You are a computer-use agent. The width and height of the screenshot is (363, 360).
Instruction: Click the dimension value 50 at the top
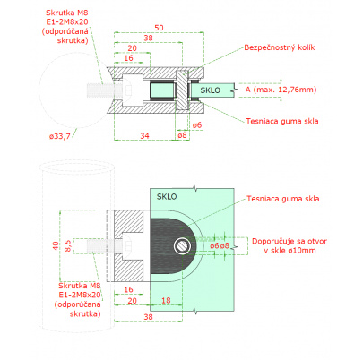click(159, 28)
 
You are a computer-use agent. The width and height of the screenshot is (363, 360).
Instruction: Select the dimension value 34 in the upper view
click(145, 136)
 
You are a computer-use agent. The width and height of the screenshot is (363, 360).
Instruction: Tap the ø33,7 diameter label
click(60, 136)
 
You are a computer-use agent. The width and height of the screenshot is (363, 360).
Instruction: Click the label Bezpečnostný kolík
click(280, 47)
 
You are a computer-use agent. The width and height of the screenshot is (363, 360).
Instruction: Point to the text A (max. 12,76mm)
click(281, 90)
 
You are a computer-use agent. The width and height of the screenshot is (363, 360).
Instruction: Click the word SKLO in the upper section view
click(210, 90)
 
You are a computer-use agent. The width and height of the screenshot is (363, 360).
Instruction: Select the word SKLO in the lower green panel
click(167, 196)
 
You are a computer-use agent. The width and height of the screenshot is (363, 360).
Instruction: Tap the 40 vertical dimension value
click(56, 245)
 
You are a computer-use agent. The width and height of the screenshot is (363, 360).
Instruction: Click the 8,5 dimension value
click(68, 245)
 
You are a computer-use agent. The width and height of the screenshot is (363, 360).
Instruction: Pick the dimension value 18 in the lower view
click(166, 300)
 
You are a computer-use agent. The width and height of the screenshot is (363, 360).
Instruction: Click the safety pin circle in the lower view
click(182, 246)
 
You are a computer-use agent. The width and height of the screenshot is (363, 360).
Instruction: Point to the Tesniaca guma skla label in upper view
click(282, 121)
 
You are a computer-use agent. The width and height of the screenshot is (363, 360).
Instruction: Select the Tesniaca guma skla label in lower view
click(283, 199)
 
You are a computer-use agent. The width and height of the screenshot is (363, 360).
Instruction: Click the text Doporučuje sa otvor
click(290, 241)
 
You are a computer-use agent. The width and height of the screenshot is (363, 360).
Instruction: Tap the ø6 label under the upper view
click(197, 125)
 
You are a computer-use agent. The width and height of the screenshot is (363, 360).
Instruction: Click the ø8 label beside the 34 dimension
click(182, 135)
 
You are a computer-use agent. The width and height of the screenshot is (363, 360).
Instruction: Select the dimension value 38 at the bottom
click(149, 317)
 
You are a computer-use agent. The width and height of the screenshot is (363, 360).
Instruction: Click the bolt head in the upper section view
click(126, 90)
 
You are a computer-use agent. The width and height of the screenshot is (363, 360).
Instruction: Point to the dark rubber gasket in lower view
click(169, 246)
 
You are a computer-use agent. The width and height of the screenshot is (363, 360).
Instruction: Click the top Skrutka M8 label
click(67, 13)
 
